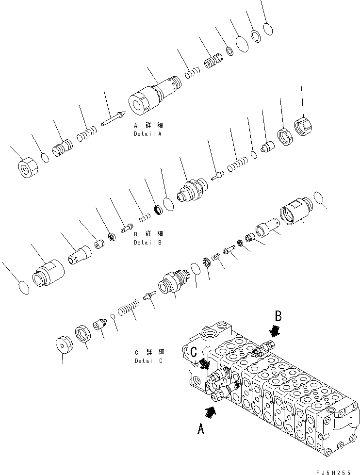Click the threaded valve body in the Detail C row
(173, 281)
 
